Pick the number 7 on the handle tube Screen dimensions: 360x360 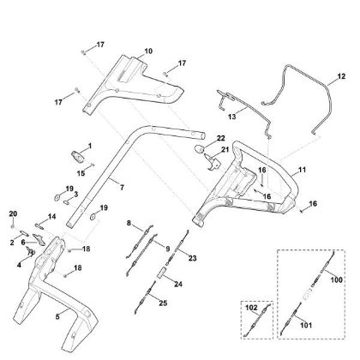(121, 186)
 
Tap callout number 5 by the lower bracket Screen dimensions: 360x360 (57, 316)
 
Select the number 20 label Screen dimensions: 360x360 (12, 213)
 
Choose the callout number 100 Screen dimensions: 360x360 (335, 280)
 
